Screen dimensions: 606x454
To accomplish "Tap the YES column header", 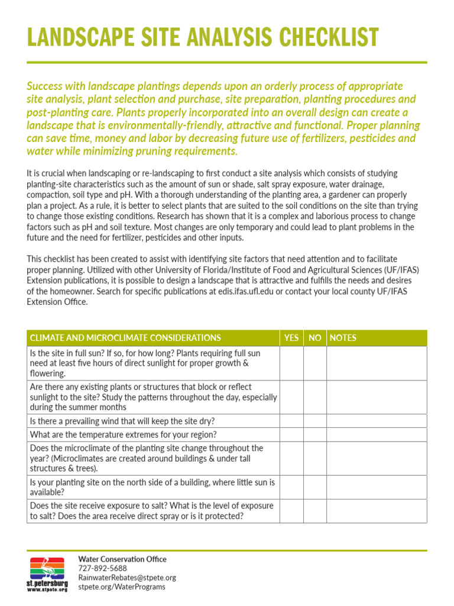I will point(291,338).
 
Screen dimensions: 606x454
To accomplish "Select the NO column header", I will point(315,338).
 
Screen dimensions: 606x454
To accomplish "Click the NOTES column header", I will point(343,338).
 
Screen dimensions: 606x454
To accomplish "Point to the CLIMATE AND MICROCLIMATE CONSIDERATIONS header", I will point(125,338).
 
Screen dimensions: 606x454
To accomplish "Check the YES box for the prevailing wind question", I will point(291,421).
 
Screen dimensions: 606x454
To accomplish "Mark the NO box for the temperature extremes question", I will point(315,435).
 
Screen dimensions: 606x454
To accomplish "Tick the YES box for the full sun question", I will point(291,363).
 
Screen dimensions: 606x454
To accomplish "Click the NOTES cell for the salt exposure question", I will point(376,511).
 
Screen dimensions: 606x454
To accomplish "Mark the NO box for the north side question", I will point(315,487).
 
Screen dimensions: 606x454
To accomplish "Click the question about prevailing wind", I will point(122,421).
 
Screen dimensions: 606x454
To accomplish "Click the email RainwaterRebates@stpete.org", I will point(127,578).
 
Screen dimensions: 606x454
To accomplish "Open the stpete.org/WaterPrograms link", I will point(122,587).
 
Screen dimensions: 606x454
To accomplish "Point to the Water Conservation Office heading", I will point(122,559).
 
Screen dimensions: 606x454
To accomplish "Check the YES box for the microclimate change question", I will point(291,459).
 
